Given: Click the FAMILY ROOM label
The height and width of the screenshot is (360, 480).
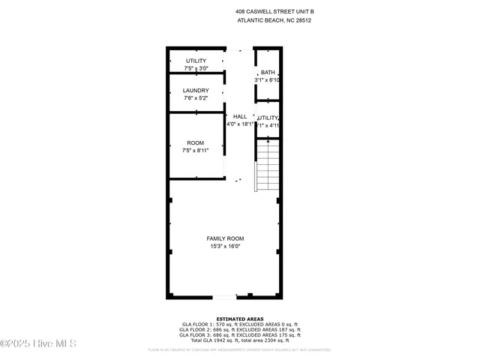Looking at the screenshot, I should coord(225,238).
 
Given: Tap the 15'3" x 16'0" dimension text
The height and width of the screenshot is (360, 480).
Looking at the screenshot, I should coord(225,246).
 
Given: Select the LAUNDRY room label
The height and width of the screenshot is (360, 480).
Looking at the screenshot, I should coord(196,91).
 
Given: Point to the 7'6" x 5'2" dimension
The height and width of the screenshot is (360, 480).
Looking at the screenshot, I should coord(196,98).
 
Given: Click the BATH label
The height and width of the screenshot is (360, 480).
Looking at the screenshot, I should coord(268,73).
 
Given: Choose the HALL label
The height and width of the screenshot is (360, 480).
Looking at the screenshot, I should coord(240,117).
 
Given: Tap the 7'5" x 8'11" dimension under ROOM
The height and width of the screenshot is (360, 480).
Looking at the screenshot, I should coord(196,150).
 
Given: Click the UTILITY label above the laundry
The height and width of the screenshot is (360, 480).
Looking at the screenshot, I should coord(196,61).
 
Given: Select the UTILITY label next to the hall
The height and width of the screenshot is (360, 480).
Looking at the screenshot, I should coord(268,118).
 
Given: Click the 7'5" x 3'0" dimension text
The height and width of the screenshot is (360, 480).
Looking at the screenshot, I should coord(196,68).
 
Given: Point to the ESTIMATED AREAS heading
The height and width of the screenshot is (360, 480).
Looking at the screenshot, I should coord(240,319).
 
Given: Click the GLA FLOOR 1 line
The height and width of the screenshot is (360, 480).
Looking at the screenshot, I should coord(240,324).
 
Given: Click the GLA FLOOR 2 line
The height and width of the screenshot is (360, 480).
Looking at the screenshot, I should coord(240,329).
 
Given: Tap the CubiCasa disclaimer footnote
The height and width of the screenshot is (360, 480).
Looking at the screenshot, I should coord(240,349).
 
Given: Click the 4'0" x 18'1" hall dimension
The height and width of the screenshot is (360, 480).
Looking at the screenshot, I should coord(240,125).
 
